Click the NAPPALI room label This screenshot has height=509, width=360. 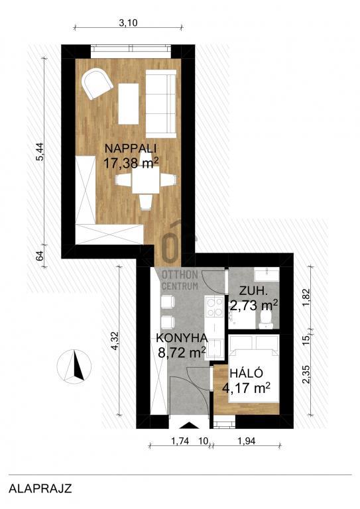pyautogui.click(x=131, y=148)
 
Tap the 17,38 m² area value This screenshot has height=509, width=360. pyautogui.click(x=131, y=162)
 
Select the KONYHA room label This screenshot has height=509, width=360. pyautogui.click(x=182, y=338)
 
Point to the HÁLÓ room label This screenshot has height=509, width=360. pyautogui.click(x=246, y=373)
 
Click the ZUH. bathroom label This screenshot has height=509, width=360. pyautogui.click(x=253, y=291)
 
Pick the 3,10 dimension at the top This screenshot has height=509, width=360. pyautogui.click(x=128, y=23)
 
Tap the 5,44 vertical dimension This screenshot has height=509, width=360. pyautogui.click(x=40, y=152)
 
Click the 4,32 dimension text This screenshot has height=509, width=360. pyautogui.click(x=113, y=342)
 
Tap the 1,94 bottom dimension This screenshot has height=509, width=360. pyautogui.click(x=247, y=441)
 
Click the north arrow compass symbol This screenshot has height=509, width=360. pyautogui.click(x=74, y=366)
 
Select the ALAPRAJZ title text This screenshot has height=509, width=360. pyautogui.click(x=40, y=488)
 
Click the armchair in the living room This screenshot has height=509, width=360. pyautogui.click(x=97, y=83)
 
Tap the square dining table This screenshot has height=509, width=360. pyautogui.click(x=146, y=182)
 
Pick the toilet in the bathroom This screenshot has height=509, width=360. pyautogui.click(x=266, y=319)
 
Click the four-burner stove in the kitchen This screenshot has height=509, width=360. pyautogui.click(x=215, y=308)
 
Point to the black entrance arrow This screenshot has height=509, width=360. pyautogui.click(x=189, y=425)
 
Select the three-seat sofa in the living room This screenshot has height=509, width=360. pyautogui.click(x=160, y=103)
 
